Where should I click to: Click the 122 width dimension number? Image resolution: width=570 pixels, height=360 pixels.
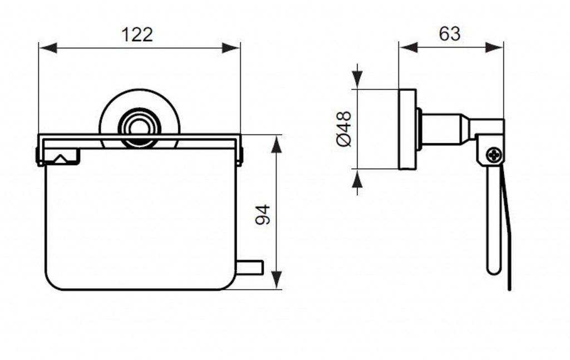pos(137,35)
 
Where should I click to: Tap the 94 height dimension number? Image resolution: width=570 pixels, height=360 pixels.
pos(263,215)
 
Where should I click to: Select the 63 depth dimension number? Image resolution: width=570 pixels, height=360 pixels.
pos(450,34)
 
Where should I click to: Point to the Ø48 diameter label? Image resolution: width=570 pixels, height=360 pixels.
pos(344,129)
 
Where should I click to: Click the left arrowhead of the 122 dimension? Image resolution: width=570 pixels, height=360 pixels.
pos(48,48)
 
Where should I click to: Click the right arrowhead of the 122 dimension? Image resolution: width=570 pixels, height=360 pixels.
pos(231,48)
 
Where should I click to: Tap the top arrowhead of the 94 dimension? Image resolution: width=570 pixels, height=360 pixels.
pos(277,144)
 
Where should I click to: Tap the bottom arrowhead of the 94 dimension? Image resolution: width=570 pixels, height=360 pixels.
pos(277,280)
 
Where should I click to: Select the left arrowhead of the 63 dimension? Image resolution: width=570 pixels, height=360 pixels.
pos(408,47)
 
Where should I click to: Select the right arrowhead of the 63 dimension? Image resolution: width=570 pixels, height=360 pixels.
pos(494,47)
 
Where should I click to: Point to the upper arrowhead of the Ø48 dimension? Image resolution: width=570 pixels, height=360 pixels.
pos(358,80)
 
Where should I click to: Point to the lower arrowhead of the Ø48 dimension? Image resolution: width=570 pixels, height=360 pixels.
pos(358,178)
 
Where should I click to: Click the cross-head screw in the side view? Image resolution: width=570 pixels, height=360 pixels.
pos(495,155)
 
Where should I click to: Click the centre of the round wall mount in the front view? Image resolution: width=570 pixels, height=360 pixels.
pos(140,127)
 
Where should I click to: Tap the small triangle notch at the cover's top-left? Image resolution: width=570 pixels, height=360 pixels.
pos(61,159)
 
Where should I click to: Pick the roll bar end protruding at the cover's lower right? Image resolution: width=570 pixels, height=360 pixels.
pos(250,267)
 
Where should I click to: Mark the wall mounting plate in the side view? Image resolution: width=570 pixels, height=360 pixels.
pos(407,129)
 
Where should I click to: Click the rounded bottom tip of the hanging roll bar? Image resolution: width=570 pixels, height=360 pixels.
pos(493,270)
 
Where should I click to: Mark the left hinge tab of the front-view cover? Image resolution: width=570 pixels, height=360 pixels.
pos(37,155)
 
